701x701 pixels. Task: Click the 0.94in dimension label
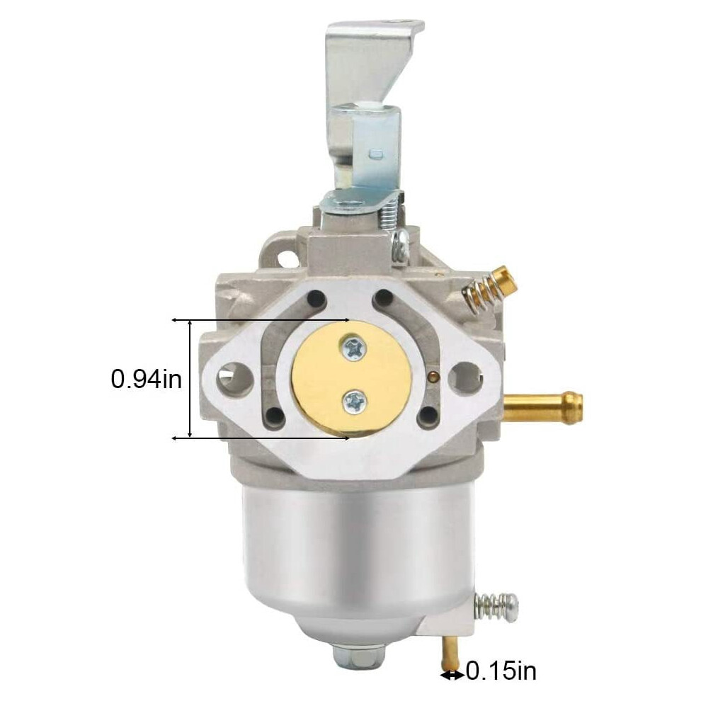coord(146,380)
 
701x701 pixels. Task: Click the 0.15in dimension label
coord(501,683)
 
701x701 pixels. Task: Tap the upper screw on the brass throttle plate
coord(353,347)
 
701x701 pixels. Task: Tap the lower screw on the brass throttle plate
coord(355,401)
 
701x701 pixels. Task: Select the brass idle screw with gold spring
coord(488,287)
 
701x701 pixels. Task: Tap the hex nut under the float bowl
coord(348,656)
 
